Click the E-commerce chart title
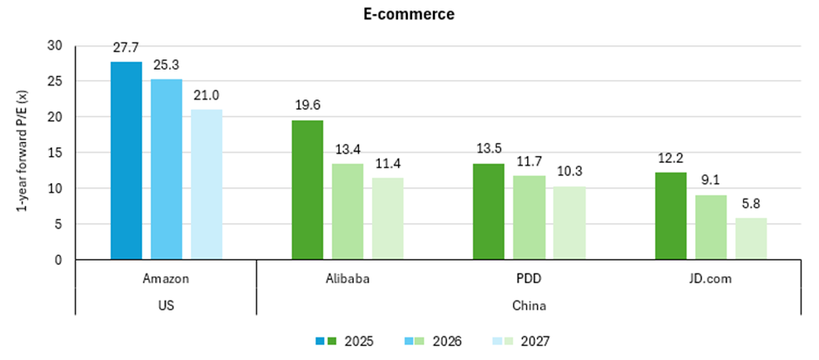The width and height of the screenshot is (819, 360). tap(409, 14)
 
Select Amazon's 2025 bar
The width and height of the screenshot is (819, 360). tap(125, 161)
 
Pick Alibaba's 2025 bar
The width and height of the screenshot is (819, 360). tap(308, 190)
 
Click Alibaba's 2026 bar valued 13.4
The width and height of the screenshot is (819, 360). tap(348, 212)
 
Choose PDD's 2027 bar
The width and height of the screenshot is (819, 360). tap(570, 223)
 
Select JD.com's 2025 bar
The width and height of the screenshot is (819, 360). tap(670, 216)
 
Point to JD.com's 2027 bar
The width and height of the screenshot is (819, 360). tap(751, 239)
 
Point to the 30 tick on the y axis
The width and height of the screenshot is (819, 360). tap(56, 45)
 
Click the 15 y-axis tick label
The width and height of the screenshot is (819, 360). tap(56, 153)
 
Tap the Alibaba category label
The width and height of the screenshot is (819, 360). tap(348, 279)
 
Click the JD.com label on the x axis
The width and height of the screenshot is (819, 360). tap(711, 279)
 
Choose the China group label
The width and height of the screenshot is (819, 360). tap(529, 306)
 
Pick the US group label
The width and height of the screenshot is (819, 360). tap(166, 306)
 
